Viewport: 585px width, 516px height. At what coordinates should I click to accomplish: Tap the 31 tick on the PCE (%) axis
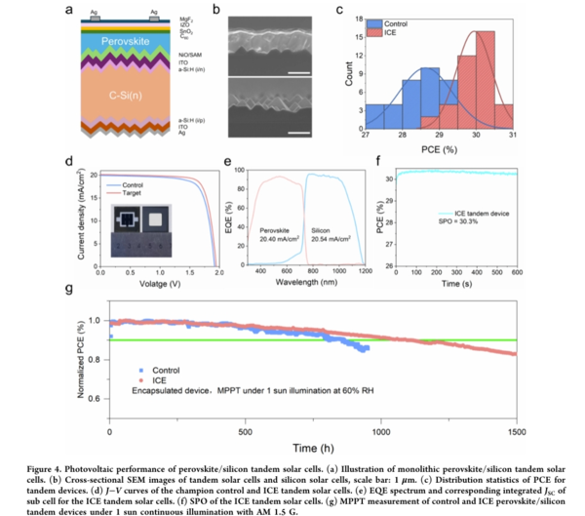pos(513,138)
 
